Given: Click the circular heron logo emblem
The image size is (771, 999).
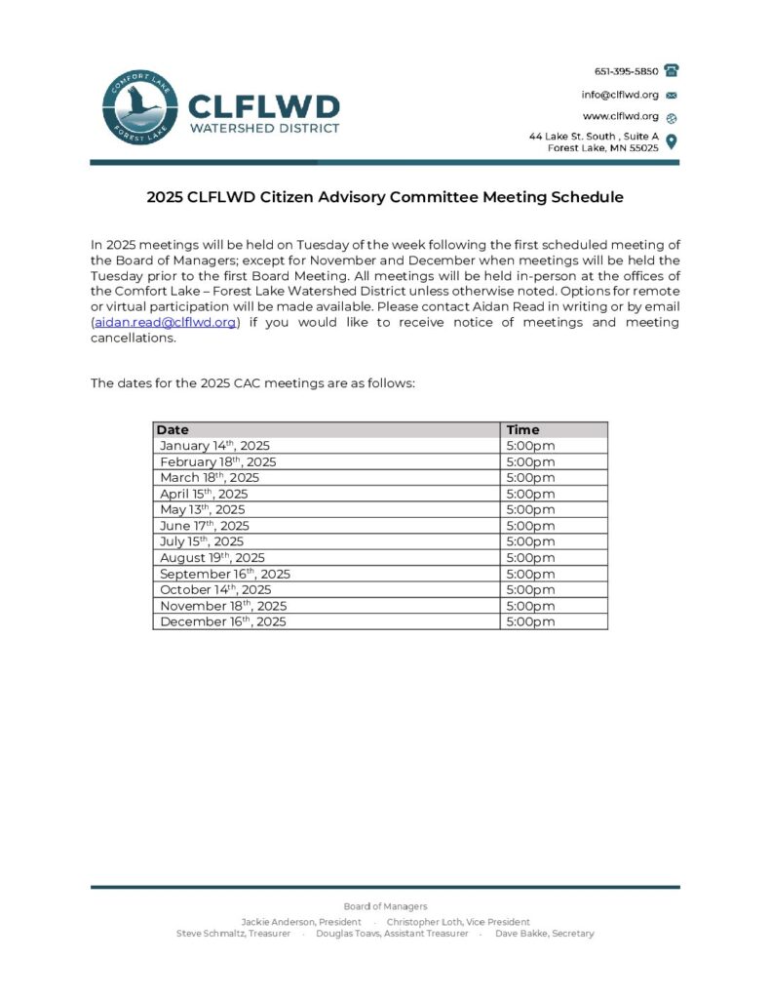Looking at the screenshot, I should pos(140,109).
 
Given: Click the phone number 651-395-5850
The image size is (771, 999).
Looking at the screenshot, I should pos(626,71).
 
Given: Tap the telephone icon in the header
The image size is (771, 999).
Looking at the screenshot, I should pos(672,70).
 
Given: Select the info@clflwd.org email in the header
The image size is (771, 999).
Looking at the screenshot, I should pos(620,95).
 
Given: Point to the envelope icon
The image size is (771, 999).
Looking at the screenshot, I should pos(671,96).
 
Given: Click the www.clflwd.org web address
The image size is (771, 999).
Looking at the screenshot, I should pos(621,116).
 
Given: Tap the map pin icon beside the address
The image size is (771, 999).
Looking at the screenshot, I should pos(671,141).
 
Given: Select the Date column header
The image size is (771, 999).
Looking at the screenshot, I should pos(173,429).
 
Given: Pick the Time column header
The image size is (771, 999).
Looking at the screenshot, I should pos(522,429).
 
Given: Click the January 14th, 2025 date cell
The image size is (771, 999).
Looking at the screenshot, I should pos(214,446).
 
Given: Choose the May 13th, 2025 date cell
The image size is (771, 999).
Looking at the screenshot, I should pos(203,509).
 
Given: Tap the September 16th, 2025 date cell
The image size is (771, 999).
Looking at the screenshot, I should pos(225,574).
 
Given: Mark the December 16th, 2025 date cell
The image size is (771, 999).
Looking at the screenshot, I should pos(223,621).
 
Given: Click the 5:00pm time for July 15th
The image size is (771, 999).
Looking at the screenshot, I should pos(530,541).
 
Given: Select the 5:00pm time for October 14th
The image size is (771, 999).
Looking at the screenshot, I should pos(530,589).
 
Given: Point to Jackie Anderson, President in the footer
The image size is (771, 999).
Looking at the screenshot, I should pos(301,922).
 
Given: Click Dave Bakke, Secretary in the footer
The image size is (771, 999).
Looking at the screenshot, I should pos(544,934).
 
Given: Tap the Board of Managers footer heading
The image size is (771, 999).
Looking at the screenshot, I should pos(385,906).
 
